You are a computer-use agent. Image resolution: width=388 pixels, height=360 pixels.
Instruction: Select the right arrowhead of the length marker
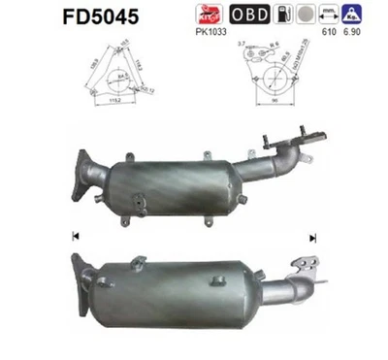point(312,236)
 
